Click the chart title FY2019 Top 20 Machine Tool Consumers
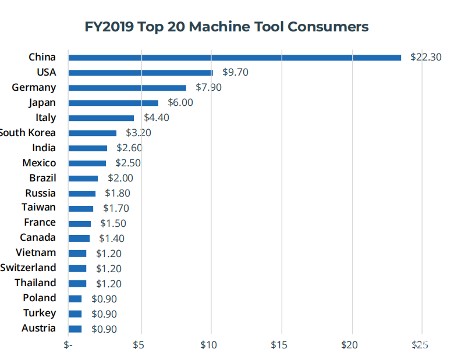227,27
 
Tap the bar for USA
140,73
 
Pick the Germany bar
127,88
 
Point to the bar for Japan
113,103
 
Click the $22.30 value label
425,57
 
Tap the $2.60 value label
129,148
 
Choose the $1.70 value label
116,208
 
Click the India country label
44,148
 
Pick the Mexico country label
39,163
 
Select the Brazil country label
42,178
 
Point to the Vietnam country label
36,253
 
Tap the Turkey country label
40,313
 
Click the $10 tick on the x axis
208,345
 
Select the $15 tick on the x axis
279,345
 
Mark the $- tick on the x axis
68,345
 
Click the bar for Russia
81,194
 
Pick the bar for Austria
75,329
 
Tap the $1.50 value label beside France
113,223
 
